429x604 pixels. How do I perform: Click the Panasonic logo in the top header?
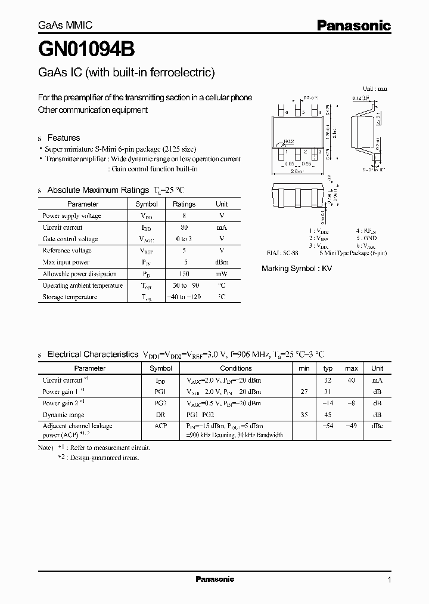coord(353,26)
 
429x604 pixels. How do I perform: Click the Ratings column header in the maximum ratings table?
coord(184,204)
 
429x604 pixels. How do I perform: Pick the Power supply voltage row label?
coord(71,216)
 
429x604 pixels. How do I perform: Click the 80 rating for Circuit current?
coord(184,227)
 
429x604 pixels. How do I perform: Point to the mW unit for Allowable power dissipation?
coord(221,274)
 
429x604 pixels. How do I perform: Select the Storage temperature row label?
coord(70,297)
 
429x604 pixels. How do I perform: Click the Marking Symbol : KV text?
coord(297,269)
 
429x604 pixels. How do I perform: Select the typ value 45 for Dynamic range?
coord(327,415)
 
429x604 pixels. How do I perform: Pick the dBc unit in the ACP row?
coord(377,426)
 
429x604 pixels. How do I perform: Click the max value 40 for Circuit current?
coord(351,380)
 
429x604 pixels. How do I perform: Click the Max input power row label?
coord(66,262)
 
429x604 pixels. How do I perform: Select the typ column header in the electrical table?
coord(327,368)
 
